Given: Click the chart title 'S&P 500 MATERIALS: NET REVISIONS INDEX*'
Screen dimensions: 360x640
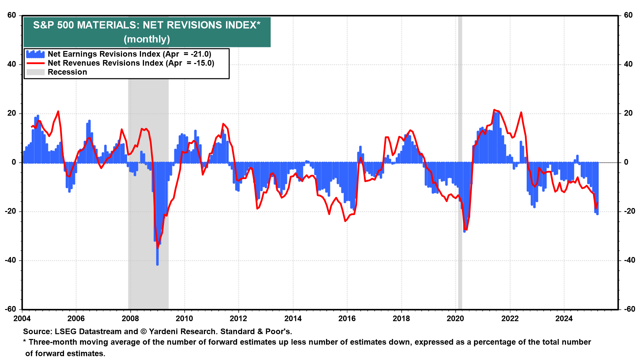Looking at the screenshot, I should (x=147, y=25).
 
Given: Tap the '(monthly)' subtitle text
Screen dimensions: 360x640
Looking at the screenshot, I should (x=147, y=39).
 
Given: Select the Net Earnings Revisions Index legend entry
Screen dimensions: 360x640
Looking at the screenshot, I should (x=129, y=54).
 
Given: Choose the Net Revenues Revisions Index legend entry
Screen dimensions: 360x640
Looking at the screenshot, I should (x=131, y=63).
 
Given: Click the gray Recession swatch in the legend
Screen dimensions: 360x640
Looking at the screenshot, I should (x=35, y=72).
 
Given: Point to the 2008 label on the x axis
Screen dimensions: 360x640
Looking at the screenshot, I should (x=130, y=319).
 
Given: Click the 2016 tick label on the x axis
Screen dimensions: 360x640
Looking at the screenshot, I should (x=347, y=319).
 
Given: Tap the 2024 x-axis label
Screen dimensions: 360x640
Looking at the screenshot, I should (x=564, y=319).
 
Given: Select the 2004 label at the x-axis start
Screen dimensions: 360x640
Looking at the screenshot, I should (x=22, y=319).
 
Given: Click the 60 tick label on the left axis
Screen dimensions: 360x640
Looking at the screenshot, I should (x=12, y=15).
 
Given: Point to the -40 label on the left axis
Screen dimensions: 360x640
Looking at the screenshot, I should (x=11, y=260).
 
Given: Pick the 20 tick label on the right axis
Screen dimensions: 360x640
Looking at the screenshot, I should (x=628, y=113).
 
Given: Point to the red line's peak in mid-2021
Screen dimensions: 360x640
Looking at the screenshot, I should (x=494, y=110).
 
